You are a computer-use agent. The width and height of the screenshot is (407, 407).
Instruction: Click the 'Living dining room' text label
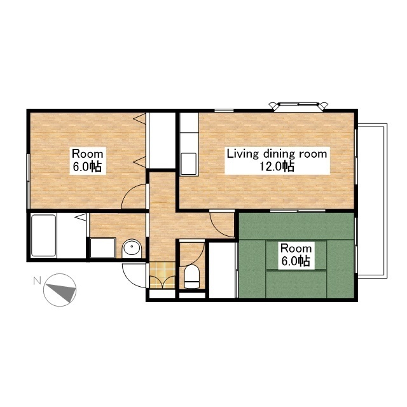click(277, 154)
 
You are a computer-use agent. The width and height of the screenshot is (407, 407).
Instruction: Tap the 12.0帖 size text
click(277, 167)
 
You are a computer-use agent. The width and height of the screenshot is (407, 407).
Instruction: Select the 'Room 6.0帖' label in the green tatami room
click(296, 255)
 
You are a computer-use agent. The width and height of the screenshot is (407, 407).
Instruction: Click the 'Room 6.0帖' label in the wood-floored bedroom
click(88, 160)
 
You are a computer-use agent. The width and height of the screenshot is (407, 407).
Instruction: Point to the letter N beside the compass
click(38, 280)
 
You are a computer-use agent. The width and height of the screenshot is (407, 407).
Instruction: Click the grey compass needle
click(63, 292)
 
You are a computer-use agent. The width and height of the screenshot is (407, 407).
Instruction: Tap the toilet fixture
click(191, 277)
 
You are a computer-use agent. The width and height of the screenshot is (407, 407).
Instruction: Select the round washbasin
click(132, 247)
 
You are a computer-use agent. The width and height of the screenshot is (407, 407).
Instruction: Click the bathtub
click(44, 235)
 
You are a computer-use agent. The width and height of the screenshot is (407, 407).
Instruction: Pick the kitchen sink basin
click(188, 164)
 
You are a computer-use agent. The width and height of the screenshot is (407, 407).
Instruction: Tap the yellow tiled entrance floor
click(163, 275)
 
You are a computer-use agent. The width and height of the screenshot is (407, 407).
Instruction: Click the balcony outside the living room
click(373, 201)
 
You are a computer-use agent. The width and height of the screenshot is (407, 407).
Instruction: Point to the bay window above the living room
click(298, 106)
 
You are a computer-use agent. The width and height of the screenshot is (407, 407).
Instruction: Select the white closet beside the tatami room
click(222, 270)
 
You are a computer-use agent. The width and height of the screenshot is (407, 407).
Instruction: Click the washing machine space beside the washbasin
click(103, 248)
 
